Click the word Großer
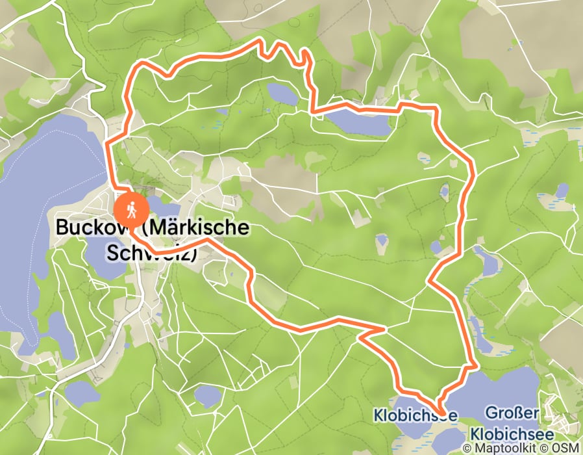[513, 413]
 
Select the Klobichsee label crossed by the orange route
[416, 414]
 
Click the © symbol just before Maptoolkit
[468, 448]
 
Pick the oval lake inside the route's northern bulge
[282, 94]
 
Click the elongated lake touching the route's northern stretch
[358, 122]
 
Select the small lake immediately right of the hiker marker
[156, 204]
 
